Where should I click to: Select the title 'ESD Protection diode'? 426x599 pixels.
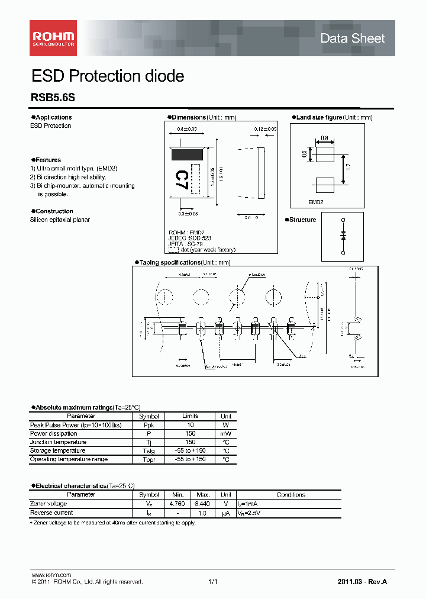click(x=107, y=76)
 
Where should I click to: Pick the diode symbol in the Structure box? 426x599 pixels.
click(x=343, y=236)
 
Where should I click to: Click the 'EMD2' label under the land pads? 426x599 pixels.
click(x=315, y=202)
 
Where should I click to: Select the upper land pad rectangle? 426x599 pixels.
click(x=325, y=155)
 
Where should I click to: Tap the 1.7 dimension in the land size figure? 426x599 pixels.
click(x=348, y=168)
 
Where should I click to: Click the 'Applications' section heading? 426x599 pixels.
click(x=53, y=117)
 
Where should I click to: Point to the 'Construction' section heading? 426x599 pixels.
click(x=54, y=211)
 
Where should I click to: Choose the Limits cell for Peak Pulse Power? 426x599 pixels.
click(x=190, y=425)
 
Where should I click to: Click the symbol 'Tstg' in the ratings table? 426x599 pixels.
click(x=149, y=450)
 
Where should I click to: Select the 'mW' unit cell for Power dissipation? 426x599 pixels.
click(x=226, y=433)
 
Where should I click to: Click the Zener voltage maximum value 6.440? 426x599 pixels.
click(x=202, y=504)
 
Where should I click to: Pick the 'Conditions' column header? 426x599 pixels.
click(x=291, y=494)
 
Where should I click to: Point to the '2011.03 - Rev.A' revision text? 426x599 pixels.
click(x=362, y=582)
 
